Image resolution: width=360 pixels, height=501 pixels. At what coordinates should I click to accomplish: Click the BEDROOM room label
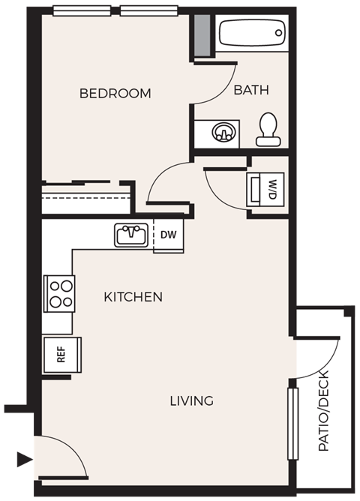coord(115,94)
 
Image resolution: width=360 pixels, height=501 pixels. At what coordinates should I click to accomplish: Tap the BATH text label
coord(250,90)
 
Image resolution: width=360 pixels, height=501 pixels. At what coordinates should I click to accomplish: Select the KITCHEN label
coord(133,297)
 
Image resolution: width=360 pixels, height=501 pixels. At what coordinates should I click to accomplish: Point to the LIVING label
coord(191,400)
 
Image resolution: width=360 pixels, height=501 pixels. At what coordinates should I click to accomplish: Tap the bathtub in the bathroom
coord(251,34)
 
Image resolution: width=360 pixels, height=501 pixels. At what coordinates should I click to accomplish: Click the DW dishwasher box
coord(169,235)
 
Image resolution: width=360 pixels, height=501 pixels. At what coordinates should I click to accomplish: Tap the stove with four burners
coord(59,293)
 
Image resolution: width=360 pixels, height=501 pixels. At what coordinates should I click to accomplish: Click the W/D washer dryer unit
coord(265,188)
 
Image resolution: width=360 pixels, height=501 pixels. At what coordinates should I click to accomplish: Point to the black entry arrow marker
coord(25,459)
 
